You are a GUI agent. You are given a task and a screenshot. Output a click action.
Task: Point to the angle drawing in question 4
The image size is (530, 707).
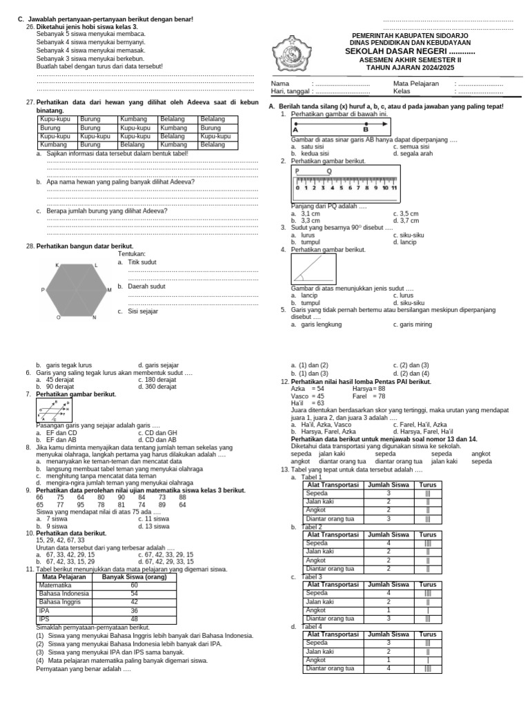314,269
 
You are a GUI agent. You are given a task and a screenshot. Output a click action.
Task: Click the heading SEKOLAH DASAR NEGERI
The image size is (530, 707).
411,52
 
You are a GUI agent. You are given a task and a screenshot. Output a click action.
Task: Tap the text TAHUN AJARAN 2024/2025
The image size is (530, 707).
411,68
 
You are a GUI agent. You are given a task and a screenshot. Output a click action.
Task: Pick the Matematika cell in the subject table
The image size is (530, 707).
55,585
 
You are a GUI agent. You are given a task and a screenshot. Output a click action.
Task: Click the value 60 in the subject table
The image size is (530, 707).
135,585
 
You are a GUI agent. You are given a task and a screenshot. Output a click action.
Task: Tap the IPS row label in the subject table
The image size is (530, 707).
45,619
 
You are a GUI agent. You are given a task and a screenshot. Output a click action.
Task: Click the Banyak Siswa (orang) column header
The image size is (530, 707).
135,577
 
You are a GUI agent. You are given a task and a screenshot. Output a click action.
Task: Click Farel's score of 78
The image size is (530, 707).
379,396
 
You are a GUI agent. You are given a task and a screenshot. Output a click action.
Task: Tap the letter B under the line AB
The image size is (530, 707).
366,129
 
